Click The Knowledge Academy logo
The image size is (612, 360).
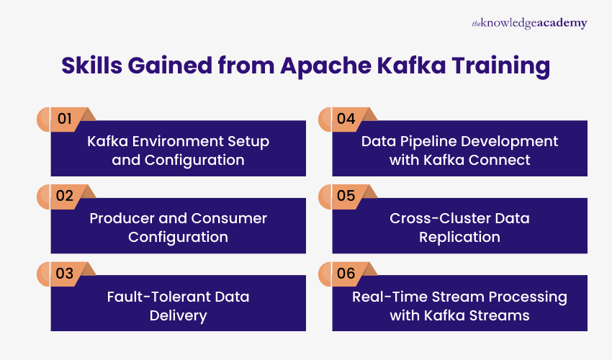(529, 23)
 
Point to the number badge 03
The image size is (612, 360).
(64, 274)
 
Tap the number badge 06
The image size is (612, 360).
(346, 274)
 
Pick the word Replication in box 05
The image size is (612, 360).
(459, 237)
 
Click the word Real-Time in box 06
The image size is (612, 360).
(386, 296)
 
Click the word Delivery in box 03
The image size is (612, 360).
(178, 315)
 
